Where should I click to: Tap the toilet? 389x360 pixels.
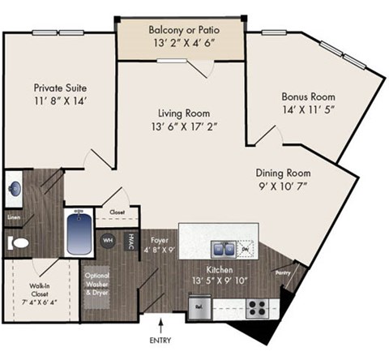point(17,242)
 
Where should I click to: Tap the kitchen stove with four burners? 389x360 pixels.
point(257,308)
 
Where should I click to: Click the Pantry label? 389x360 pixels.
point(283,273)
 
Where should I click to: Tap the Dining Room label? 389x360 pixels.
point(284,173)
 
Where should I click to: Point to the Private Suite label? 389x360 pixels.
point(61,88)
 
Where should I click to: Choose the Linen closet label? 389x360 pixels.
point(13,217)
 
